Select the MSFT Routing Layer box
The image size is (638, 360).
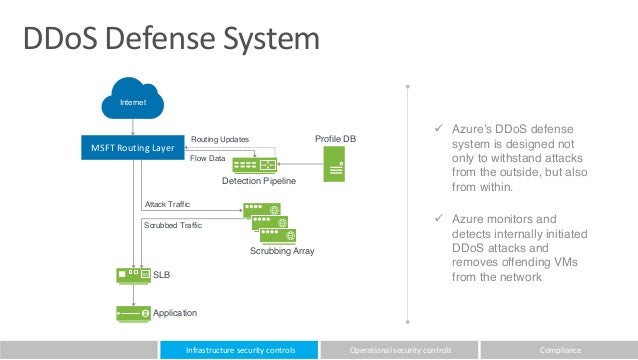point(134,149)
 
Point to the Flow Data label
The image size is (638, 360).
point(208,157)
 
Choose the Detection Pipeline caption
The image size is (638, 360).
point(259,182)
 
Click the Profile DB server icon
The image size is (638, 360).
point(334,163)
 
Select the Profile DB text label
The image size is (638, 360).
point(335,137)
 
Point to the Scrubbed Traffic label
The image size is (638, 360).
point(174,226)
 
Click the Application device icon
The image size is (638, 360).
point(131,313)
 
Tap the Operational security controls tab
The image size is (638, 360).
point(399,350)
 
